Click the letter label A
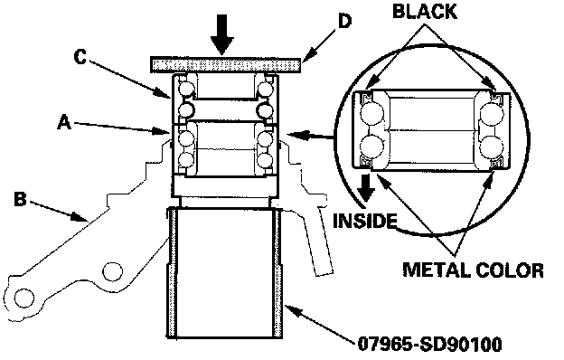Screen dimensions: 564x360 tap(64, 122)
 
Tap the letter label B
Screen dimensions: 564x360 tap(20, 199)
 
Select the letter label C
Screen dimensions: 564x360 tap(80, 57)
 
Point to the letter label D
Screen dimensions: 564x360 tap(344, 22)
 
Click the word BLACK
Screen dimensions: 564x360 tap(425, 11)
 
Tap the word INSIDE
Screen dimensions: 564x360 tap(365, 221)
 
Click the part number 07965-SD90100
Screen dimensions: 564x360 tap(429, 345)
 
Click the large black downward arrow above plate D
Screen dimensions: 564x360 tap(222, 34)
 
